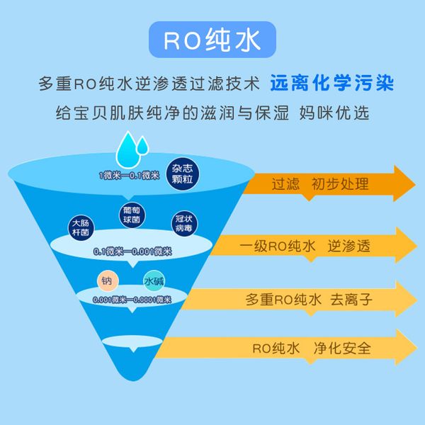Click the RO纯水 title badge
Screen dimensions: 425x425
point(212,41)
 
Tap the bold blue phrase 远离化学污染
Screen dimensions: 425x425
point(331,83)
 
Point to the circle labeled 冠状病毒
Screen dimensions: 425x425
point(183,225)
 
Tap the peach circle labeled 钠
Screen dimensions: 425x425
point(107,281)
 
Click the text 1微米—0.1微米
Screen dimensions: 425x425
point(127,175)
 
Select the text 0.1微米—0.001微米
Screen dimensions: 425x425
point(133,251)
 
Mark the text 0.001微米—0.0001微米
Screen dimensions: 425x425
point(132,300)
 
